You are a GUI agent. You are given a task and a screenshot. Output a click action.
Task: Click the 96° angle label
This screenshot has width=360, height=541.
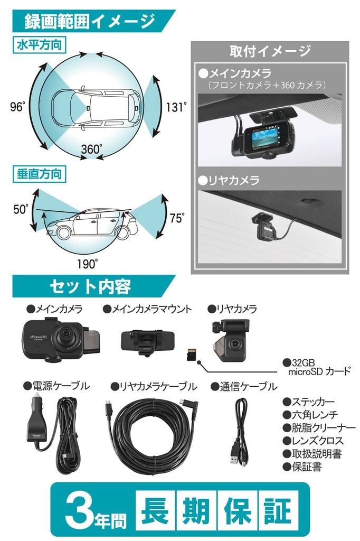(18, 107)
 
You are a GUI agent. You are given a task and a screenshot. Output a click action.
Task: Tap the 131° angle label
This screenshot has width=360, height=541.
(176, 107)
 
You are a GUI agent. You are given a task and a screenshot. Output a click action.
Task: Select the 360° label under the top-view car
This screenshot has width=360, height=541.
(92, 149)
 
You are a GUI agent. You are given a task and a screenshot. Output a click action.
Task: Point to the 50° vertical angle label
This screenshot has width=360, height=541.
(21, 209)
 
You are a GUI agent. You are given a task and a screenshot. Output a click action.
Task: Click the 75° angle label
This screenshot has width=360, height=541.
(176, 218)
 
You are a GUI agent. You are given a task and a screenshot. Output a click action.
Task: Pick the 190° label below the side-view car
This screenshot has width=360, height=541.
(87, 264)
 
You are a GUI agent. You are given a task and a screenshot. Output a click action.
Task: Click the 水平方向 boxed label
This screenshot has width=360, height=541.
(39, 45)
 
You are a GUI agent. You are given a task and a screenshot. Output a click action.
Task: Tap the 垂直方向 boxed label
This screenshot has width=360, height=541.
(39, 174)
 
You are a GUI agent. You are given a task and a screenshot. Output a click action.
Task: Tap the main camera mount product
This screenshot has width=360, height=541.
(147, 341)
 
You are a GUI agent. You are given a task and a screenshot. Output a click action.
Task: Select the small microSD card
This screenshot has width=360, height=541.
(191, 354)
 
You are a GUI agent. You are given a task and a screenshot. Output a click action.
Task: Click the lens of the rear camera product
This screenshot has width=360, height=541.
(235, 344)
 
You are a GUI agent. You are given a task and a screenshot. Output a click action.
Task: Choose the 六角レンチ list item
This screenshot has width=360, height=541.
(310, 415)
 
